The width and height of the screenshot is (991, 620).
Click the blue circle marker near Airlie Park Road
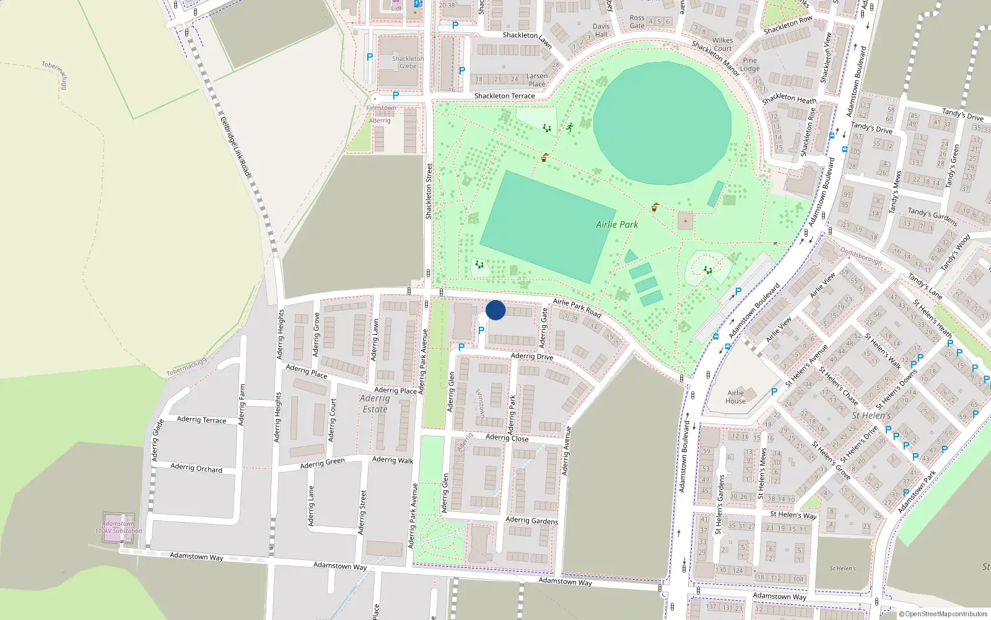pos(495,310)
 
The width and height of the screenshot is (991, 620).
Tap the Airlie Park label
pos(617,224)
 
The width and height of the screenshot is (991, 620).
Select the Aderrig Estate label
pos(375,404)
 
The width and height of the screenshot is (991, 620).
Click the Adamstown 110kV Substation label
pos(118,528)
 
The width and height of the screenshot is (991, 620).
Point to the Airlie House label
pos(736,397)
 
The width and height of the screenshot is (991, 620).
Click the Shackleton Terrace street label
pos(504,96)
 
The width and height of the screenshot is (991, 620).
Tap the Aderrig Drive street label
pos(532,356)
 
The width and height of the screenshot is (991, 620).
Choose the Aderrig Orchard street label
pos(196,468)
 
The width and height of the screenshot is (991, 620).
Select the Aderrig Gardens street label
pos(531,521)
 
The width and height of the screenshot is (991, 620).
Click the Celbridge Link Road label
pos(235,146)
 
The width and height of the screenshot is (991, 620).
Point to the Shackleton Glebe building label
pos(408,63)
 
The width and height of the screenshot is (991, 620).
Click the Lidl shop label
pos(396,9)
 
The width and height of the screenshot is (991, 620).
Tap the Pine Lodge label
pos(749,64)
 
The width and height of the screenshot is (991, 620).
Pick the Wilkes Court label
pos(722,45)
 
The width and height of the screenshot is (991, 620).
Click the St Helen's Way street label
pos(793,515)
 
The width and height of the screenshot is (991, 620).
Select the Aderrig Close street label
pos(507,438)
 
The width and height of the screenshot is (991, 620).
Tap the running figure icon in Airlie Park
pos(569,128)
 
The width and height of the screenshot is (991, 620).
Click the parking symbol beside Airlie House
pos(774,392)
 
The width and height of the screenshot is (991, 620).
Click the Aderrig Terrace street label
pos(201,420)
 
